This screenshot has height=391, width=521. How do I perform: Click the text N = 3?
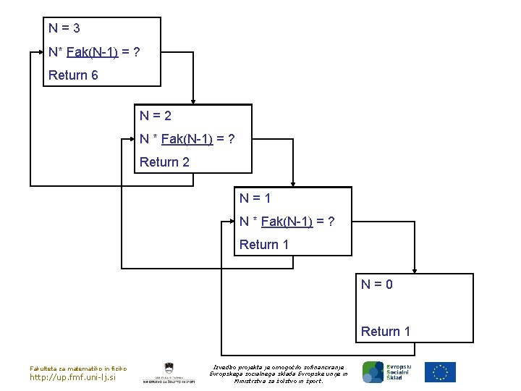pyautogui.click(x=64, y=29)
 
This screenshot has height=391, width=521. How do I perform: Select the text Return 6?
pyautogui.click(x=73, y=75)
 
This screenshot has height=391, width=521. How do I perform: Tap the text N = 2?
pyautogui.click(x=156, y=116)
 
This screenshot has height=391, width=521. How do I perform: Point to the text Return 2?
pyautogui.click(x=164, y=162)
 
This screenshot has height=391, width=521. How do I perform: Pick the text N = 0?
pyautogui.click(x=377, y=285)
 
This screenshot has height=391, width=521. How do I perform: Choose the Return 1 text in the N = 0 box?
pyautogui.click(x=386, y=332)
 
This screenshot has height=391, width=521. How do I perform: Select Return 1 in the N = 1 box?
pyautogui.click(x=264, y=245)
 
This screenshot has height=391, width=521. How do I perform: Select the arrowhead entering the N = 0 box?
pyautogui.click(x=415, y=271)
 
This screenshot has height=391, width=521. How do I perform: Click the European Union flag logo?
pyautogui.click(x=440, y=372)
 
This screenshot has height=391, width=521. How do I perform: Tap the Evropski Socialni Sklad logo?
pyautogui.click(x=386, y=372)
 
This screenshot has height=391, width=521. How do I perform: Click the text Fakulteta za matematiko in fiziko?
pyautogui.click(x=77, y=368)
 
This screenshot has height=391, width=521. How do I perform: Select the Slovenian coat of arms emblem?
pyautogui.click(x=168, y=368)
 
